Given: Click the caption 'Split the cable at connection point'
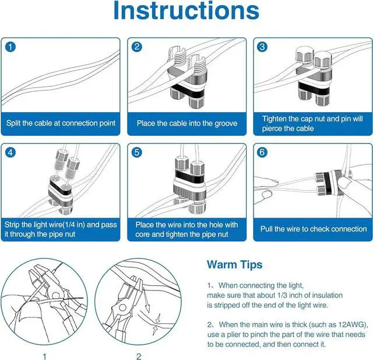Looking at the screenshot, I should [x=61, y=124].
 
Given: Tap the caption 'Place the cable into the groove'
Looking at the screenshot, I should [x=186, y=124].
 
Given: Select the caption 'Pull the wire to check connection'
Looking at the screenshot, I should [x=313, y=229].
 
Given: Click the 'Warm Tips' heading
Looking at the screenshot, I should [x=234, y=265].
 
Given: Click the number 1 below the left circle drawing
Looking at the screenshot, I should [x=45, y=355].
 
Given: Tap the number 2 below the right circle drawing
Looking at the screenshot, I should [x=139, y=355].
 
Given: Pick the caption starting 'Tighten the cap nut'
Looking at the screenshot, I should [x=312, y=123].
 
